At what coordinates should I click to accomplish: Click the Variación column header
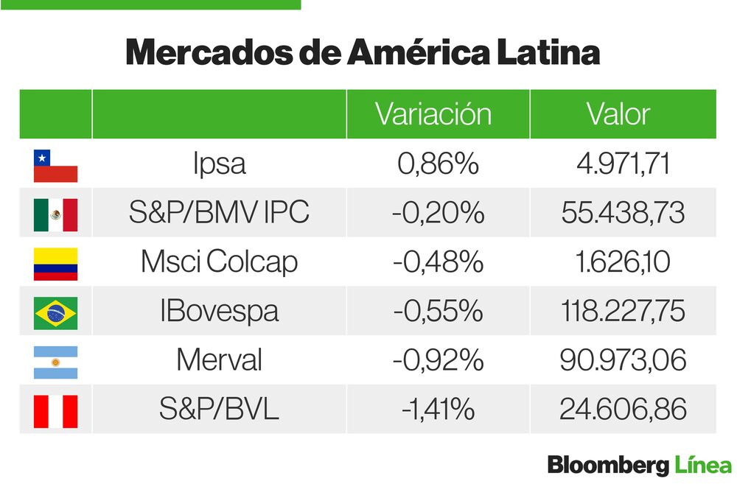(433, 114)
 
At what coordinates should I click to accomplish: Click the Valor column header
(618, 114)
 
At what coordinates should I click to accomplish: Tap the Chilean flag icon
(55, 166)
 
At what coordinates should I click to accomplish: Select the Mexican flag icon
(55, 214)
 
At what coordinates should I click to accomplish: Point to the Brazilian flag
(55, 312)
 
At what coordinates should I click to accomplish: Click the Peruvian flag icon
(55, 410)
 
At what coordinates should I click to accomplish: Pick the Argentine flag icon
(55, 362)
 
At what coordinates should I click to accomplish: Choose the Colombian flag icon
(55, 264)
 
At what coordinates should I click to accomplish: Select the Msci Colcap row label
(219, 263)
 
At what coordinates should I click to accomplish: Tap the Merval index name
(219, 361)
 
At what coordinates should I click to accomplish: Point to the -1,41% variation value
(438, 410)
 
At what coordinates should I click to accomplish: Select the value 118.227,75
(623, 312)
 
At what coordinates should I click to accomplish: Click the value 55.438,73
(623, 214)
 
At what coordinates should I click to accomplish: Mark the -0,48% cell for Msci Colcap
(438, 263)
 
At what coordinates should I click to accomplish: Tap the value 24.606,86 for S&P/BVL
(623, 410)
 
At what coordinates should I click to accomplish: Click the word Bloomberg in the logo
(609, 466)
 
